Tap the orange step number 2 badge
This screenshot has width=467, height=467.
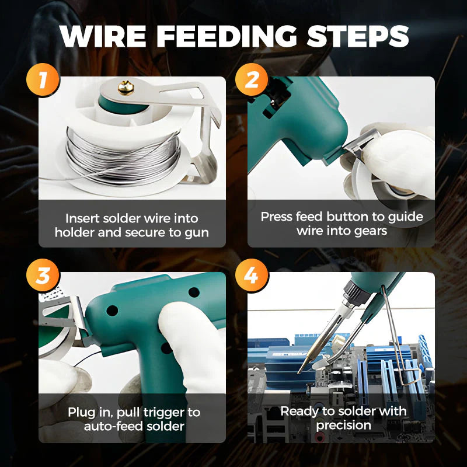click(x=252, y=79)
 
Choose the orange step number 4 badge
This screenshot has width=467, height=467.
click(x=252, y=275)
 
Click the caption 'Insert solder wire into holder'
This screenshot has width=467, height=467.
click(x=131, y=218)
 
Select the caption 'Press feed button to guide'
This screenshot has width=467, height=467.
click(x=341, y=217)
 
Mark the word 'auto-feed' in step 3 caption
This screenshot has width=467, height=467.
click(x=110, y=426)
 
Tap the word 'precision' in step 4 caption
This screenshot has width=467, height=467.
click(x=343, y=425)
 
